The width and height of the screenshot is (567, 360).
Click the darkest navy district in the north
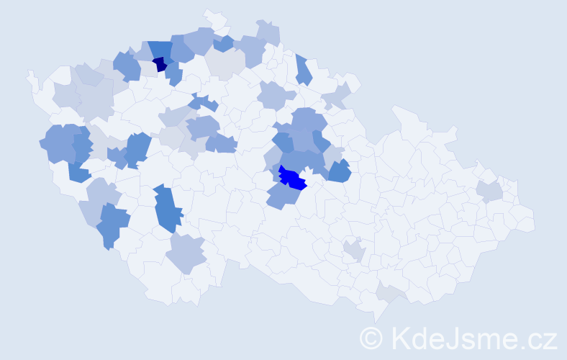click(160, 64)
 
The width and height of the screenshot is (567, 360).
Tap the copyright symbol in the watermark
click(372, 337)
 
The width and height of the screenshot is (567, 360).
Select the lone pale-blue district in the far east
click(489, 191)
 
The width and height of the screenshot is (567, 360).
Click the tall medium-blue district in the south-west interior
click(168, 208)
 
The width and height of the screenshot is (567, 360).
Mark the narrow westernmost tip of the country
click(30, 75)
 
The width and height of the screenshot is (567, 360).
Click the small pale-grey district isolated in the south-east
click(353, 251)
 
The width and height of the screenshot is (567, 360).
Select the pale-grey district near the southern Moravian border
click(389, 292)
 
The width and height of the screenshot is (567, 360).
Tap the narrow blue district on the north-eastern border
click(303, 69)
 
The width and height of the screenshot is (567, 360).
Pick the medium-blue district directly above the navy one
click(160, 49)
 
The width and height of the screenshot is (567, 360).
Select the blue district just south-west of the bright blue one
click(282, 194)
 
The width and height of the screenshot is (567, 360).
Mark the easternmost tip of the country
click(533, 220)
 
